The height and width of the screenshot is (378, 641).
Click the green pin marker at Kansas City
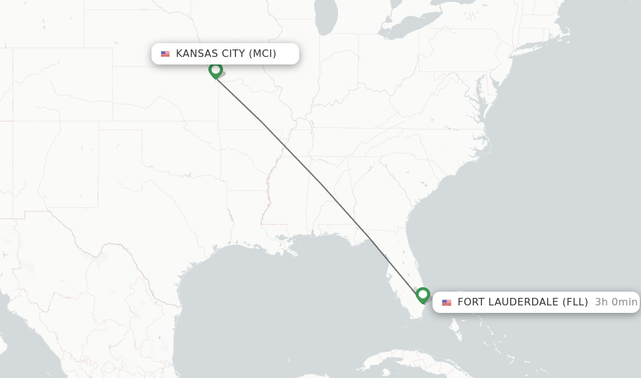(215, 69)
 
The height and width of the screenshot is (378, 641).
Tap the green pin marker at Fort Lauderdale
(423, 294)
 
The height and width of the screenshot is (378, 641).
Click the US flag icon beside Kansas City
(165, 54)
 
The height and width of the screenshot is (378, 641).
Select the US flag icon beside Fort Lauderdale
(446, 302)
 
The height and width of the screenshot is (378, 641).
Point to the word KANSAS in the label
(197, 54)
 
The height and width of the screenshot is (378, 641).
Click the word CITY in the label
(233, 54)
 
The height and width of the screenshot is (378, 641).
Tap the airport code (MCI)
(262, 54)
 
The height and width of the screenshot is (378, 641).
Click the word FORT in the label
(471, 302)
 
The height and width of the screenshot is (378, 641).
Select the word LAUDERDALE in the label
(523, 302)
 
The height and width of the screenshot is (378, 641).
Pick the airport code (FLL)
(575, 302)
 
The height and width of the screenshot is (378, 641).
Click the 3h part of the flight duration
(601, 302)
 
